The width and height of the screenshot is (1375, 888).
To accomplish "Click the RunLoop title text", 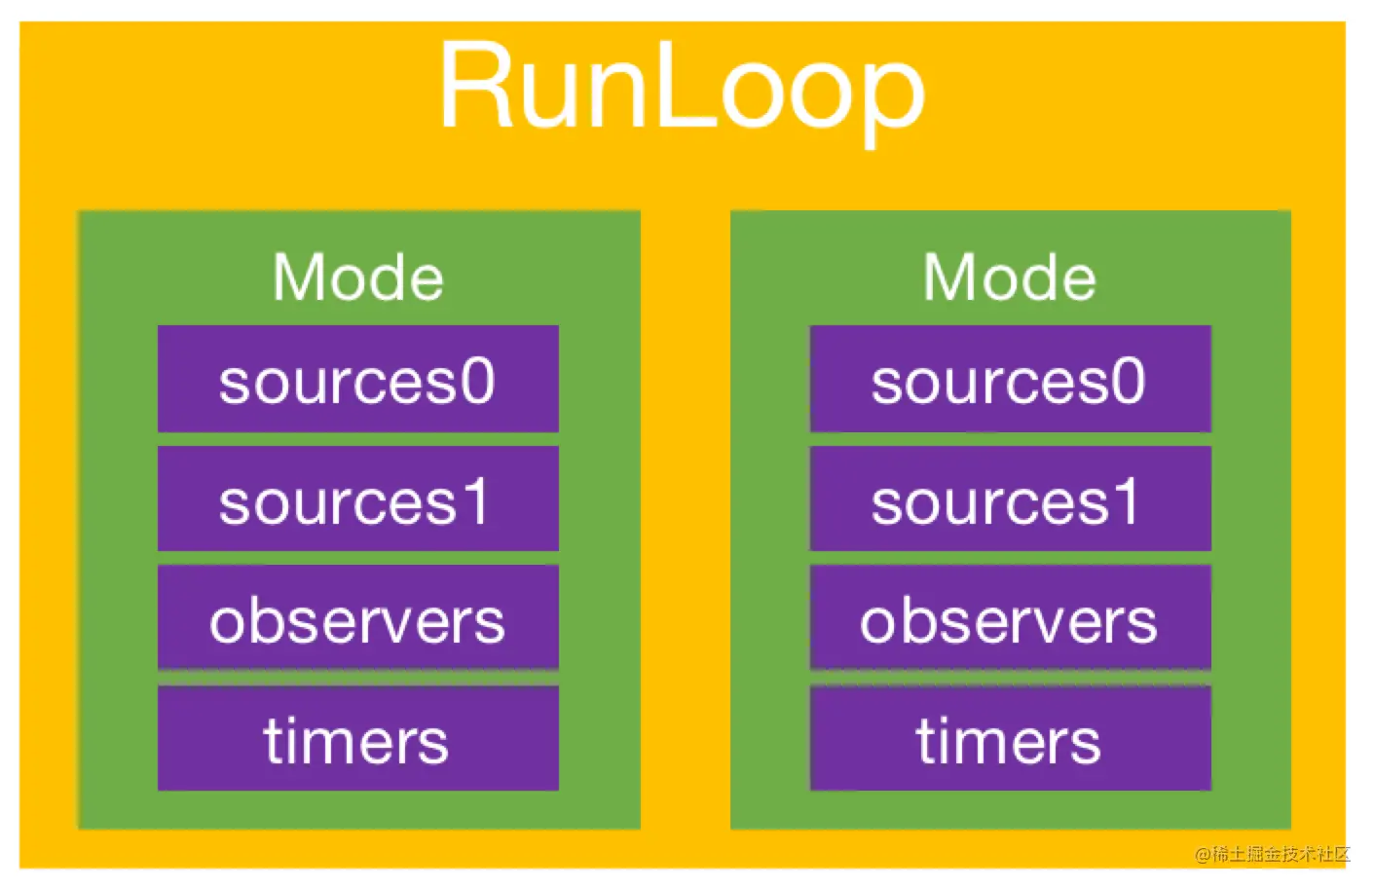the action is tap(682, 92).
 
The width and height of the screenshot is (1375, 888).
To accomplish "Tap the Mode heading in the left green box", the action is tap(357, 277).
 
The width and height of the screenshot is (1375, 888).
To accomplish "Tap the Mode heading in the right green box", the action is tap(1010, 277).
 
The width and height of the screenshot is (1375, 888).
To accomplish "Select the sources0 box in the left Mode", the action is tap(357, 379).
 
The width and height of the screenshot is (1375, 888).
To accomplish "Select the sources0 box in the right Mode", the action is tap(1011, 379).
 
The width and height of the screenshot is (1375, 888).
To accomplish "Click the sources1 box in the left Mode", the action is tap(357, 499).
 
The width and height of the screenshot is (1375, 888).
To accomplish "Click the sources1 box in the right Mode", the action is tap(1011, 499).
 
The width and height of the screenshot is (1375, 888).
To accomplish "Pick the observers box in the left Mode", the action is tap(357, 616).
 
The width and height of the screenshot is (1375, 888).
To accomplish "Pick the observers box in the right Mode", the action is tap(1011, 616).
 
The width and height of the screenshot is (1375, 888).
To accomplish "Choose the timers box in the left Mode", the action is tap(357, 738).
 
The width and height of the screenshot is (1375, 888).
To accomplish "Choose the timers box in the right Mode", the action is tap(1011, 738).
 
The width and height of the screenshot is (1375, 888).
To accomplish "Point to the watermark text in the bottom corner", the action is tap(1273, 854).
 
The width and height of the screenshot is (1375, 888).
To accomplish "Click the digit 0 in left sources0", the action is tap(478, 381).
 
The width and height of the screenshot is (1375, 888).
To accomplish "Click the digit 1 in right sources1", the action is tap(1125, 500).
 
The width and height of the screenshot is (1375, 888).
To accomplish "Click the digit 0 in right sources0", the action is tap(1130, 381).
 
